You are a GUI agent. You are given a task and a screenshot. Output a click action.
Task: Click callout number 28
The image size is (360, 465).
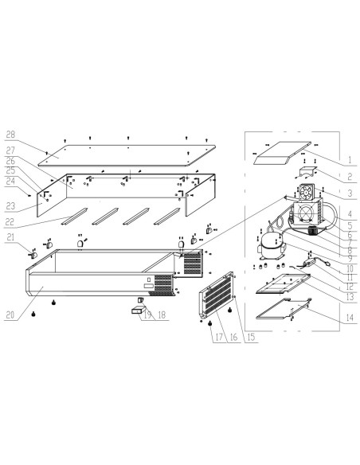[x=10, y=135]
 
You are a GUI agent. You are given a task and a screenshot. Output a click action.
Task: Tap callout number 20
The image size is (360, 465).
[x=10, y=315]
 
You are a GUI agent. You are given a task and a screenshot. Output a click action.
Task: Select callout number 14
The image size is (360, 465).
[x=350, y=318]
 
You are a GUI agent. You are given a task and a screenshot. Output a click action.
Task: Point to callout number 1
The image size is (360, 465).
[x=350, y=160]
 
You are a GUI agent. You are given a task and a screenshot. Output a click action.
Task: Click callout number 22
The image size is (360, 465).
[x=10, y=222]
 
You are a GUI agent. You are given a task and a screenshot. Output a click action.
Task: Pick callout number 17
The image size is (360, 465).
[x=219, y=337]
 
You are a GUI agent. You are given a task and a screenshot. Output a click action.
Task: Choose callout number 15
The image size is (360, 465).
[x=251, y=337]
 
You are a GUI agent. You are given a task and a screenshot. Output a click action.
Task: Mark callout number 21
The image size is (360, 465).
[x=10, y=237]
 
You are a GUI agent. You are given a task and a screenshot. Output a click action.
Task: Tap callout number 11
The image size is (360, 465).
[x=350, y=278]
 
